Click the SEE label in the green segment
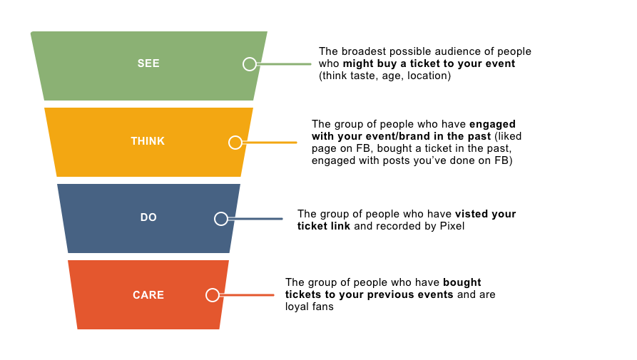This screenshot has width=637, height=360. (148, 63)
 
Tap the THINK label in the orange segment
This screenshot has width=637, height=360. (148, 141)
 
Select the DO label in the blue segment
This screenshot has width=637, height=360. (148, 217)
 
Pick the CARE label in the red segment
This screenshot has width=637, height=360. (148, 295)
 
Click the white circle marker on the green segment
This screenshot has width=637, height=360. (250, 64)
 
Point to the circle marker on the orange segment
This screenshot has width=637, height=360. (235, 143)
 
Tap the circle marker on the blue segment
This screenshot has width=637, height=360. (221, 219)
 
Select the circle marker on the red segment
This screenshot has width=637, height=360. (213, 295)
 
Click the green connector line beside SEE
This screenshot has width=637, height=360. (284, 64)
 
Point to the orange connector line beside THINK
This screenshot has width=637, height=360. (270, 143)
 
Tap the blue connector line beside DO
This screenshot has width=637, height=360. (255, 219)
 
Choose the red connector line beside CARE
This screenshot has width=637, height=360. (247, 295)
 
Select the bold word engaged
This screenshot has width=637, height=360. (492, 125)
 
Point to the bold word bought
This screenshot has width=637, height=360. (462, 283)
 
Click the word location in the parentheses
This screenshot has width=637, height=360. (429, 76)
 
